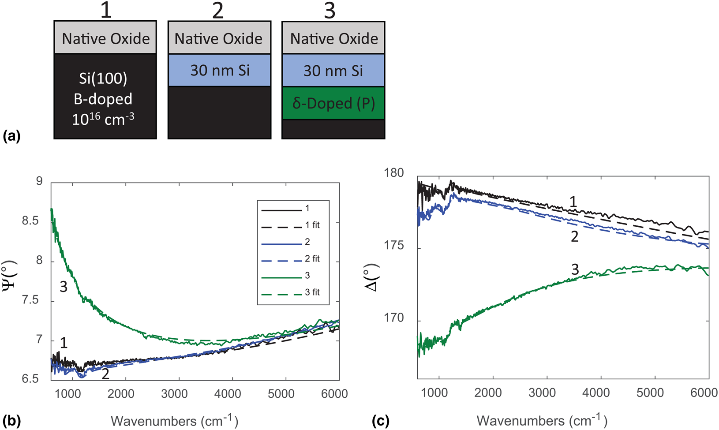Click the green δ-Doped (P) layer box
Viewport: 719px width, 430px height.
pos(333,103)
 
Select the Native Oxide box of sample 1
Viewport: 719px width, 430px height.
pos(105,38)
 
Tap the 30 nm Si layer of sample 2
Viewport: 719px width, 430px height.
pos(219,71)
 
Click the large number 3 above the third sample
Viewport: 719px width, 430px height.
pos(330,10)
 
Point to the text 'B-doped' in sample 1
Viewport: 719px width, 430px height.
pos(103,99)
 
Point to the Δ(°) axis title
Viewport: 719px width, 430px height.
pos(373,277)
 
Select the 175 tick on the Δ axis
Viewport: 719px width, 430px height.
pos(393,246)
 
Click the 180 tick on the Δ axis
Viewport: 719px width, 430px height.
pos(393,173)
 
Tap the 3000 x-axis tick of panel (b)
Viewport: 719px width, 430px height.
pos(174,394)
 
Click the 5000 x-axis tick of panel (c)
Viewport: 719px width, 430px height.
pos(650,393)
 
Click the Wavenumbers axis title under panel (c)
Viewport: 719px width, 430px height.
pos(542,420)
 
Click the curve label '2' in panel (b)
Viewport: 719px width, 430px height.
pos(105,374)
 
